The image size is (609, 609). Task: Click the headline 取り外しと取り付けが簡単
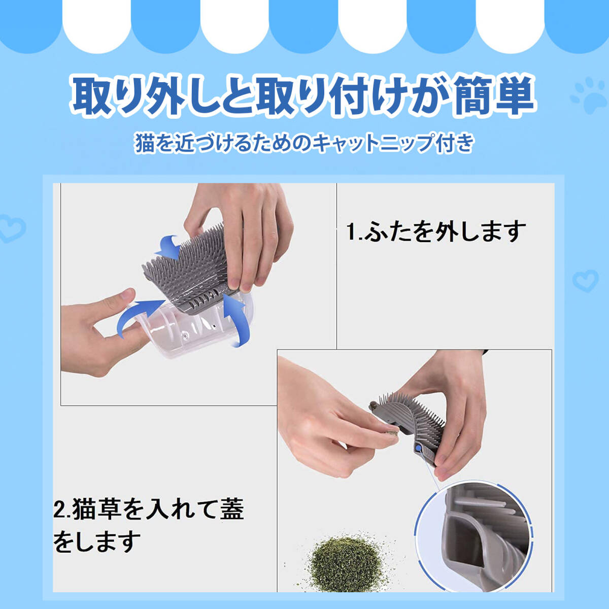303,95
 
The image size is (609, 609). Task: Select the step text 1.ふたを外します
436,231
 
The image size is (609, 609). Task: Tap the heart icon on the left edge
12,228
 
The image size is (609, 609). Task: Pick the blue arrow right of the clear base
236,319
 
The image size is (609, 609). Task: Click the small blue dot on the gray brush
419,448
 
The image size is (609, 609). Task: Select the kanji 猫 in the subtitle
145,143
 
